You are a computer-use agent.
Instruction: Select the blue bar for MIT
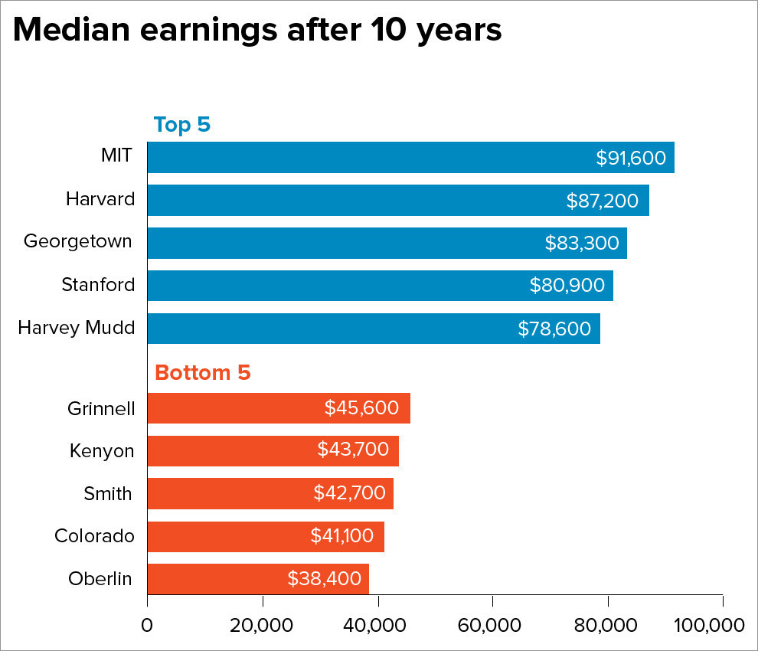[x=368, y=158]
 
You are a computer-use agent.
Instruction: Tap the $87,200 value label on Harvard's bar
[x=603, y=201]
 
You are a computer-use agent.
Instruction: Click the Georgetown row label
[x=78, y=242]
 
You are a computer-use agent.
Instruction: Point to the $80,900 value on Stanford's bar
[x=567, y=286]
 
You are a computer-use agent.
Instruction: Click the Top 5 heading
[x=181, y=125]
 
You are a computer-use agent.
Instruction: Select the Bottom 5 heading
[x=202, y=373]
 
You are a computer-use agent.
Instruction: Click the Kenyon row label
[x=102, y=451]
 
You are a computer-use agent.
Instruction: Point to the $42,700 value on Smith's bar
[x=349, y=493]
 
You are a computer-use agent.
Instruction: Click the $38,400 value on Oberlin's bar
[x=324, y=579]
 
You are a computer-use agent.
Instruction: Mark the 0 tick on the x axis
[x=147, y=625]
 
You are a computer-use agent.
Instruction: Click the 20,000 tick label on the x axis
[x=263, y=625]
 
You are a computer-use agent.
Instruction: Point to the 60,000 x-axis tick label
[x=492, y=625]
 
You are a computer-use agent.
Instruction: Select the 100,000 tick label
[x=711, y=625]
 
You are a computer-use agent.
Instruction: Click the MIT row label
[x=117, y=157]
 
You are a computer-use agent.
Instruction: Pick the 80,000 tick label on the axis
[x=608, y=625]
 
